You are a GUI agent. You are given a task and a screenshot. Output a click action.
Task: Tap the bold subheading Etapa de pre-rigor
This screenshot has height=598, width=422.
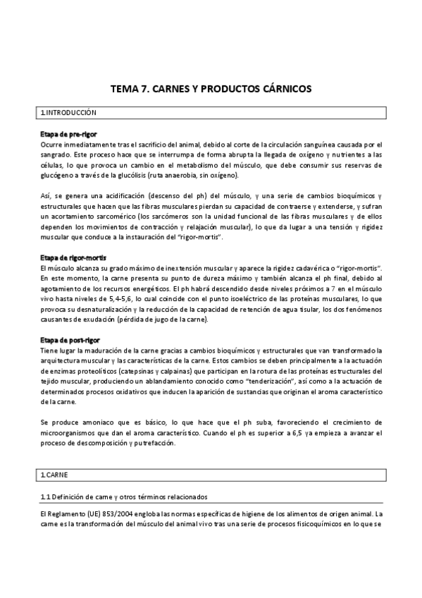click(x=69, y=134)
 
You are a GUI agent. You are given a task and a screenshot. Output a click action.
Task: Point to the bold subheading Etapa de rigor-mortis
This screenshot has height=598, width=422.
click(x=73, y=259)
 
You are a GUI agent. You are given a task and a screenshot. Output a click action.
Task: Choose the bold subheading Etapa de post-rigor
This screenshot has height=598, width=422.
click(x=71, y=341)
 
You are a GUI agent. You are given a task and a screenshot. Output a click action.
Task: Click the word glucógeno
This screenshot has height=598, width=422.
click(x=58, y=175)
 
